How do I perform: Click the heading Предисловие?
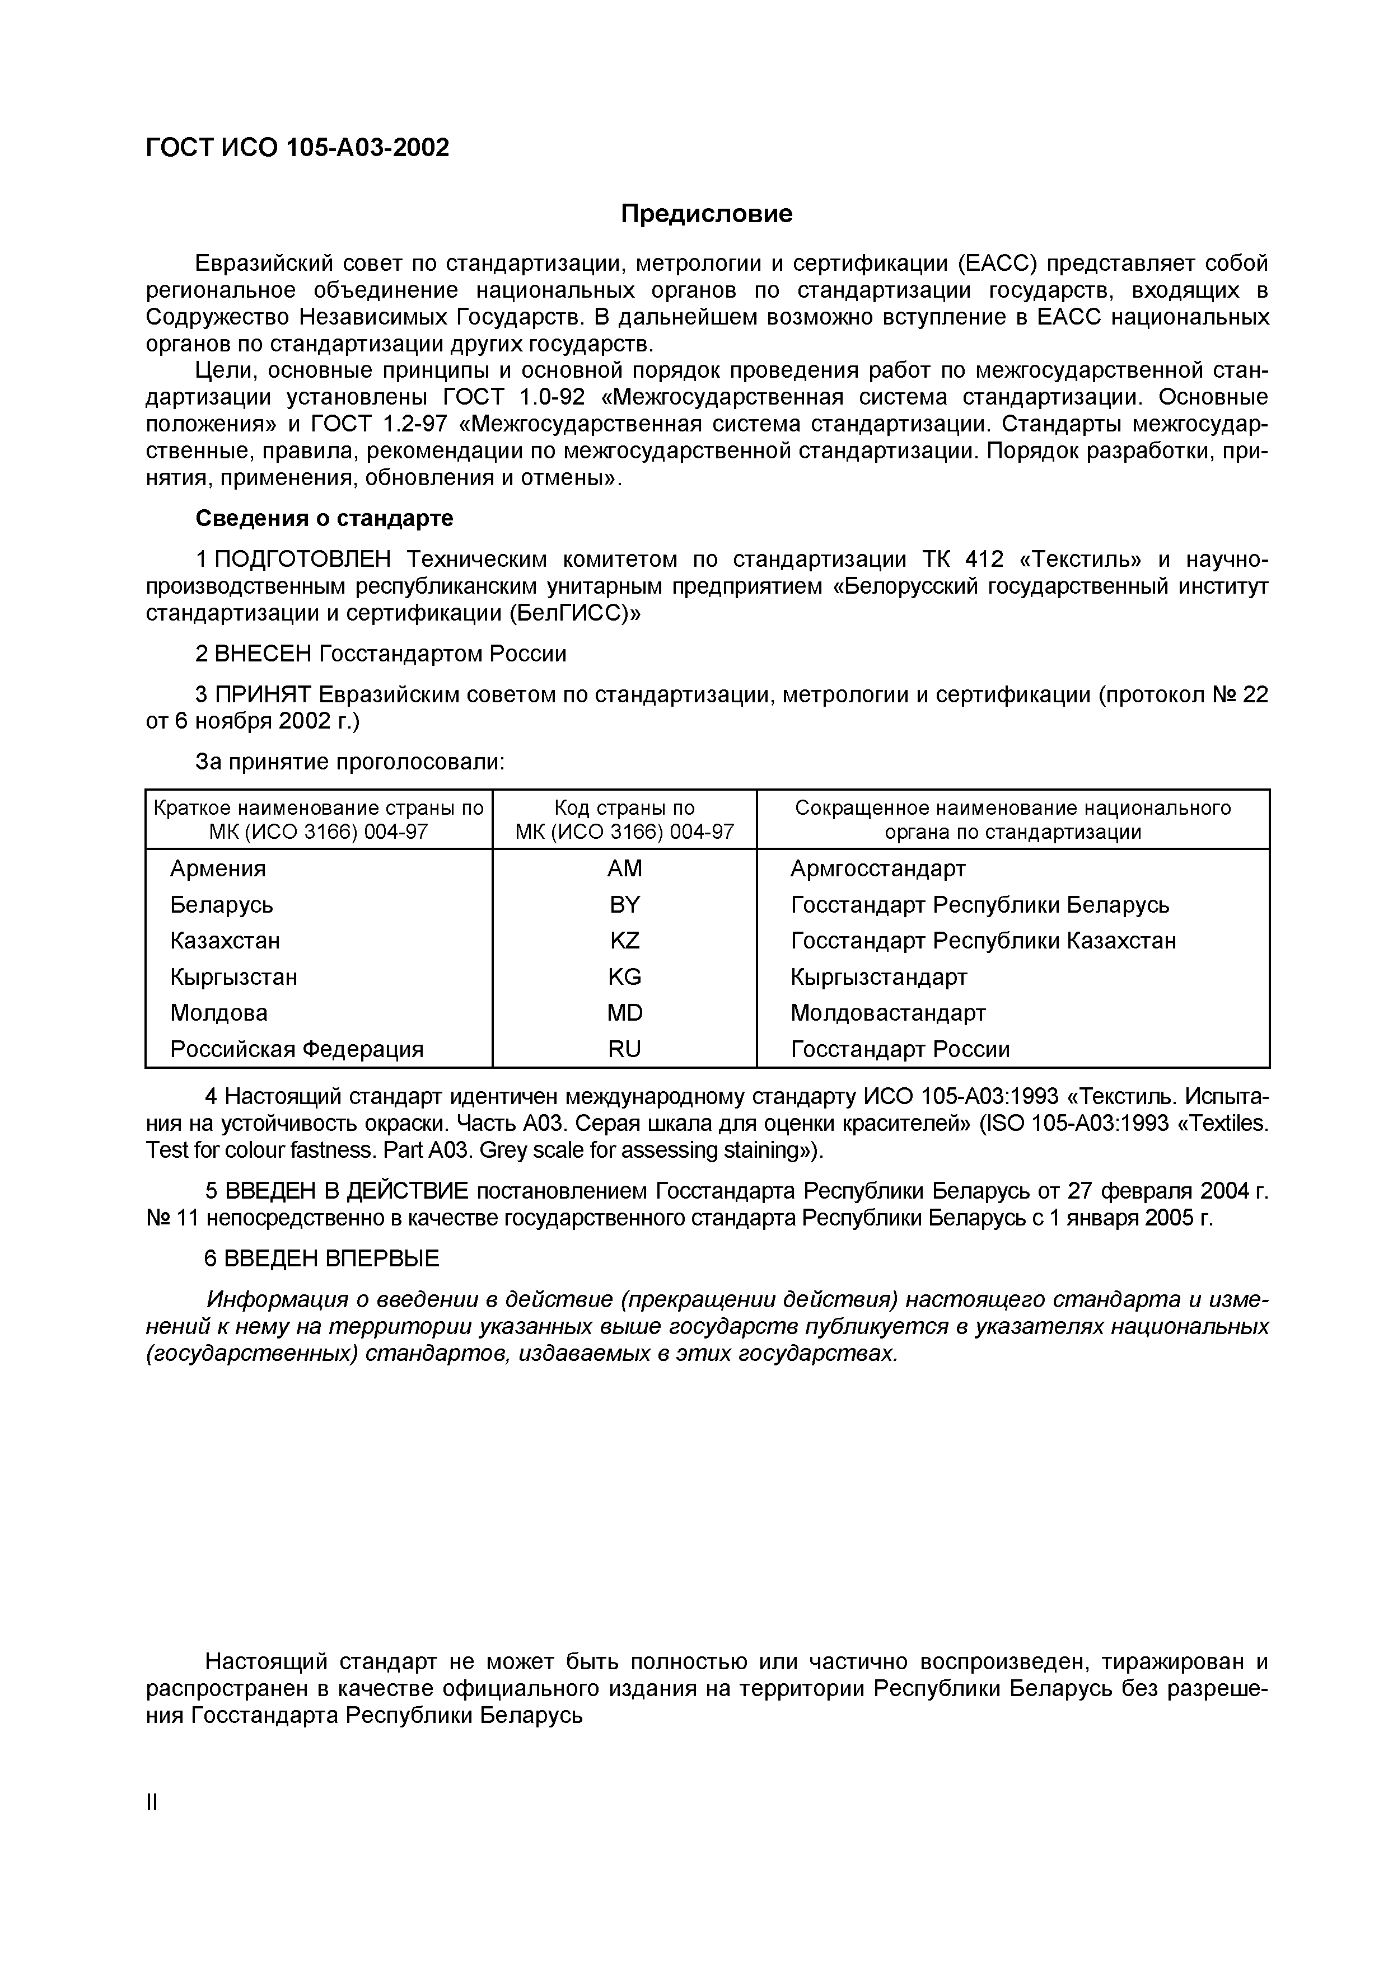pyautogui.click(x=707, y=214)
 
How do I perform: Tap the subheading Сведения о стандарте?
pyautogui.click(x=324, y=518)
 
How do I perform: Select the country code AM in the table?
pyautogui.click(x=624, y=868)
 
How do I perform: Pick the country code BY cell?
pyautogui.click(x=624, y=904)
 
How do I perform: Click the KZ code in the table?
pyautogui.click(x=624, y=941)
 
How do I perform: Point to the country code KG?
pyautogui.click(x=624, y=976)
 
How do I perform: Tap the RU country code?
pyautogui.click(x=624, y=1049)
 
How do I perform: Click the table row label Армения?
pyautogui.click(x=218, y=868)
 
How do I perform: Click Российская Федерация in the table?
pyautogui.click(x=297, y=1049)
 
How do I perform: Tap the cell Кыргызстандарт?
pyautogui.click(x=878, y=976)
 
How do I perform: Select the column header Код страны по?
pyautogui.click(x=624, y=808)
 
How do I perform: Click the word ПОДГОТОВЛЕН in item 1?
pyautogui.click(x=303, y=559)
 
